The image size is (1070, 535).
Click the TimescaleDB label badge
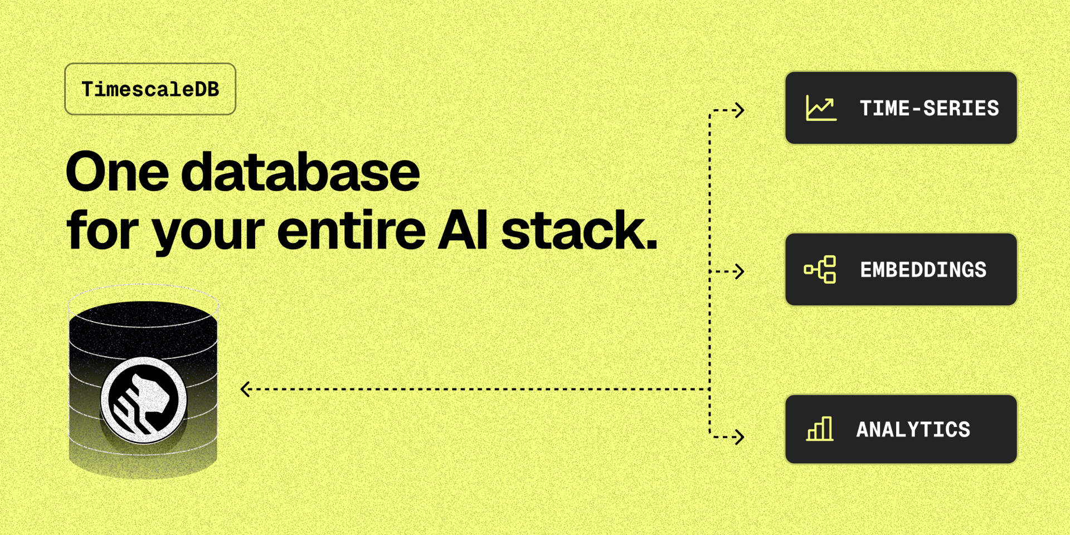(x=150, y=89)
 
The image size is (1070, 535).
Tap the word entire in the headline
(x=351, y=229)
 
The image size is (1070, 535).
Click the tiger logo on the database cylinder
(x=143, y=400)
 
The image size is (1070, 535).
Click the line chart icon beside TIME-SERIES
(x=821, y=108)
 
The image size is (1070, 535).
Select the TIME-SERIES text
(x=929, y=108)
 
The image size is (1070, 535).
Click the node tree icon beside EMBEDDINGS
(x=820, y=270)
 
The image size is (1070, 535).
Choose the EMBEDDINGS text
(x=923, y=270)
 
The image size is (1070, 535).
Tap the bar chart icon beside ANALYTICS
(x=820, y=429)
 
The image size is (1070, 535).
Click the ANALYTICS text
(x=913, y=430)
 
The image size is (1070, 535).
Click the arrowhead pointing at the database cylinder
(x=245, y=389)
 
